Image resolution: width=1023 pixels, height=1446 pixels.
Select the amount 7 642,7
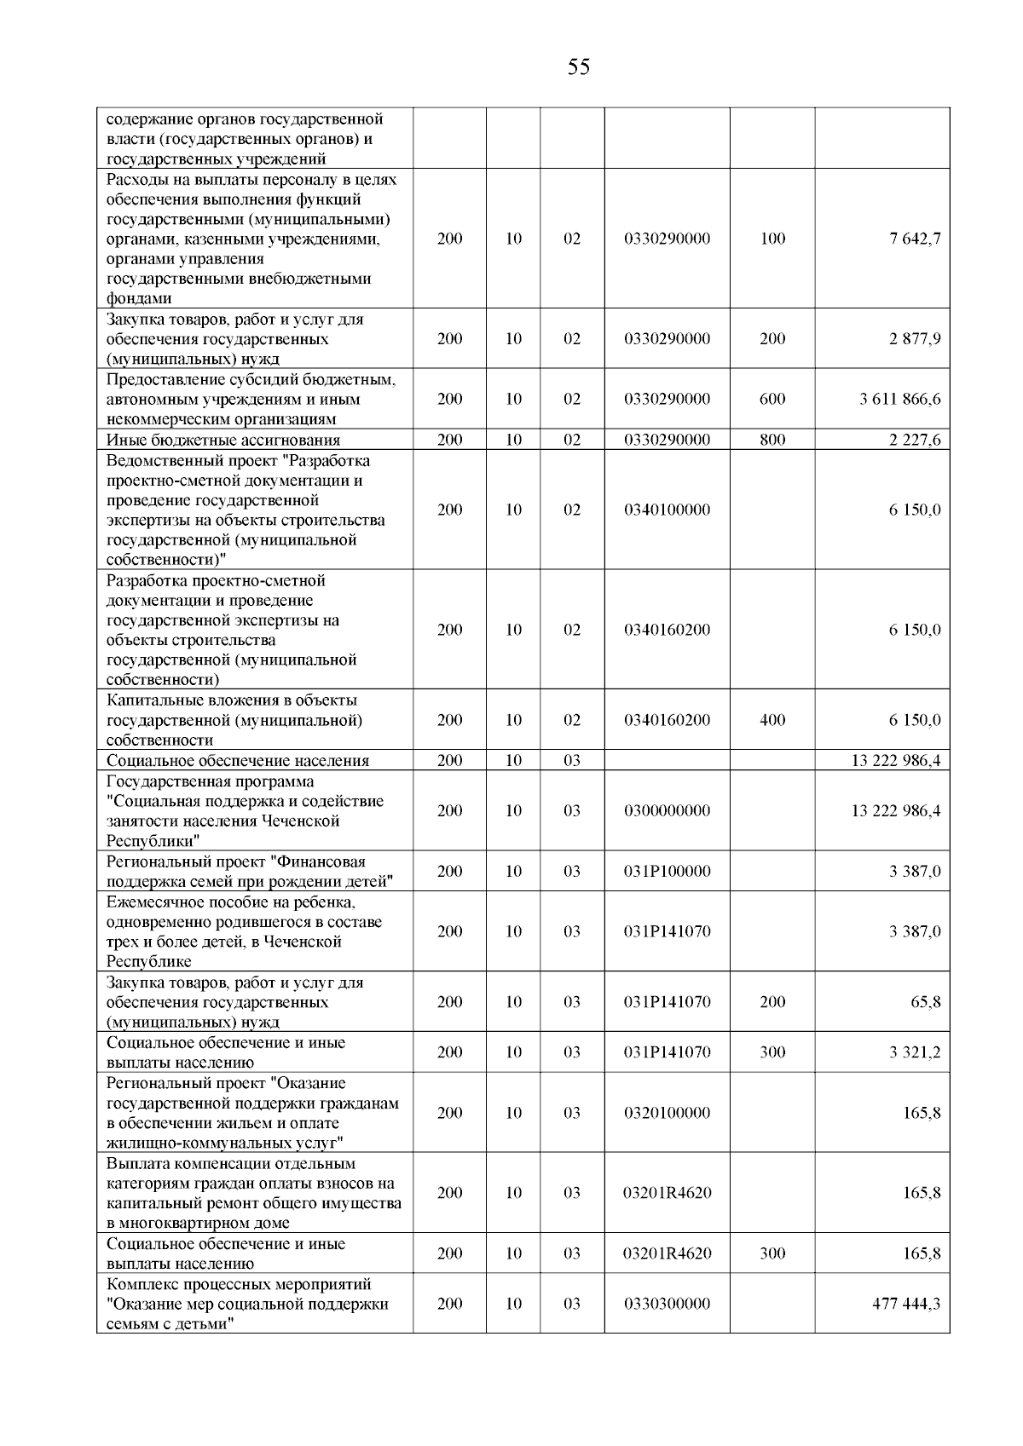coord(915,239)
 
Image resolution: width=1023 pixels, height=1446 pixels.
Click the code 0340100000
coord(667,510)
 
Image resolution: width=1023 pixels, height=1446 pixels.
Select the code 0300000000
coord(667,811)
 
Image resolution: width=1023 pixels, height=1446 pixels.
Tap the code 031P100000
coord(667,872)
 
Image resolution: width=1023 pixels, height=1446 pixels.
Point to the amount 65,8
coord(926,1002)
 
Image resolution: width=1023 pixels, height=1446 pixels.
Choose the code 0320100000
coord(667,1113)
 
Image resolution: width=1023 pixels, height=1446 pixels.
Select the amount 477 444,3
coord(906,1304)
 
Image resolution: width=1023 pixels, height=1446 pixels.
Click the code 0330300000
coord(667,1304)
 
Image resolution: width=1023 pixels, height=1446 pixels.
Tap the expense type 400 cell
coord(772,720)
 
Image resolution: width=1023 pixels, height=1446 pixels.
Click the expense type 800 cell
coord(772,441)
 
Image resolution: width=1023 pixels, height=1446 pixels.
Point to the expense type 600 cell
coord(772,400)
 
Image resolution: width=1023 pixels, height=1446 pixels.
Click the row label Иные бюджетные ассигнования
coord(223,441)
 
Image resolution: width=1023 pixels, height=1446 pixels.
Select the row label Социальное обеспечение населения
coord(238,761)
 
